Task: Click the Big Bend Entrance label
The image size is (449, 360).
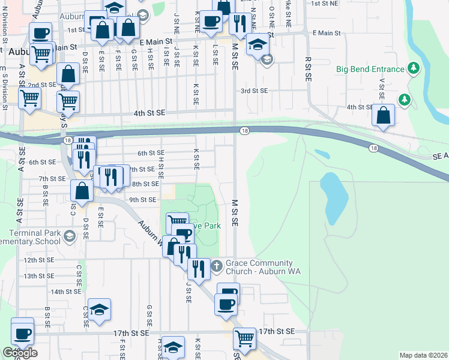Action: [x=370, y=69]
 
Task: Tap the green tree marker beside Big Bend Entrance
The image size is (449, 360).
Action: [x=413, y=69]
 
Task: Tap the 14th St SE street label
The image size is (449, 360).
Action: [x=65, y=292]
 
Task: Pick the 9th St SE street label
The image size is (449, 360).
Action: [x=142, y=200]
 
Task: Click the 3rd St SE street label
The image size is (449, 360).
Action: [x=254, y=91]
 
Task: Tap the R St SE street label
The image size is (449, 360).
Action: [x=308, y=68]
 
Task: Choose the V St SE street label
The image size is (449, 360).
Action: [x=381, y=89]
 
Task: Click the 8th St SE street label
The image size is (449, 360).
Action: [x=145, y=184]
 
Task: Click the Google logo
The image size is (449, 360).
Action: [x=20, y=353]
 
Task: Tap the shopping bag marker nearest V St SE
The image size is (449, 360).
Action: [x=383, y=115]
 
